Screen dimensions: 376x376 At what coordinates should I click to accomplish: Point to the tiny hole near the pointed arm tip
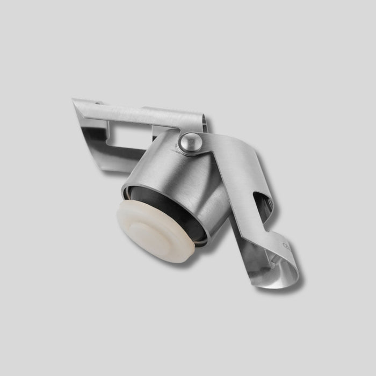coord(98,102)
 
